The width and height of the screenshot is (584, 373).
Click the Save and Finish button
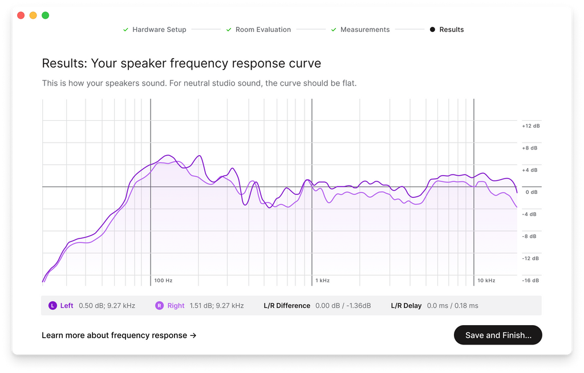[x=498, y=335]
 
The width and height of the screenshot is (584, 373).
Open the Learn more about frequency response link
[x=119, y=335]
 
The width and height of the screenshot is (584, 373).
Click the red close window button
[x=21, y=15]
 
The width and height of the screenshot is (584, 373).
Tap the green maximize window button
[x=46, y=15]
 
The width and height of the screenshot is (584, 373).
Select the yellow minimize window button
[x=33, y=15]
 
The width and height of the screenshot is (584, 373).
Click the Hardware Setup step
[x=159, y=30]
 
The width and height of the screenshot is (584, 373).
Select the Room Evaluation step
[x=263, y=30]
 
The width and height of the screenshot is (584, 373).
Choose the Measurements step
[x=365, y=30]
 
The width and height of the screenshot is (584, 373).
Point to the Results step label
[x=451, y=30]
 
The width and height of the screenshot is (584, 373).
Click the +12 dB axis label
[x=530, y=126]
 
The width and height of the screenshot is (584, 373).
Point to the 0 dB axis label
[x=531, y=192]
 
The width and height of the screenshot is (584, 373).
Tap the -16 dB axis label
[x=530, y=281]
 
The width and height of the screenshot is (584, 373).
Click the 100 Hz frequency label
[x=163, y=281]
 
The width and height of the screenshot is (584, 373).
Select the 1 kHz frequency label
[x=323, y=281]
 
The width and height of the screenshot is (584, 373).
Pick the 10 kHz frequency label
[x=486, y=281]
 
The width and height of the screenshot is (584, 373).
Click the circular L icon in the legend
[x=52, y=306]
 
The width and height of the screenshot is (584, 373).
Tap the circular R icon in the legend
[x=159, y=306]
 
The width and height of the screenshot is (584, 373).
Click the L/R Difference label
[x=287, y=306]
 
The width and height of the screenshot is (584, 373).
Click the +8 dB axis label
[x=530, y=148]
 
